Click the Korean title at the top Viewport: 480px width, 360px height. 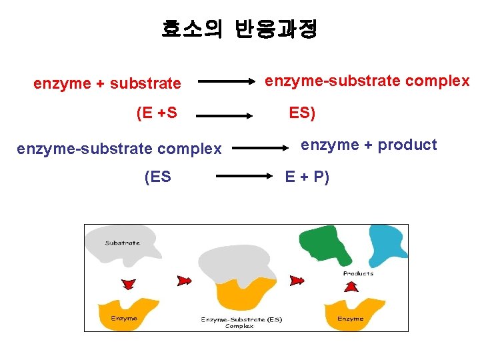pyautogui.click(x=239, y=29)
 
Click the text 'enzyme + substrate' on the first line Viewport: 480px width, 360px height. pyautogui.click(x=107, y=83)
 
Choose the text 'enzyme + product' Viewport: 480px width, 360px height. pyautogui.click(x=369, y=145)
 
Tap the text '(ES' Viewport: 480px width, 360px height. pyautogui.click(x=157, y=177)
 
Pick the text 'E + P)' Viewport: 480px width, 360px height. pyautogui.click(x=307, y=177)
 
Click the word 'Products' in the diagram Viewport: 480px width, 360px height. pyautogui.click(x=358, y=273)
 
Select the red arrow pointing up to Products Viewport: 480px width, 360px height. pyautogui.click(x=351, y=287)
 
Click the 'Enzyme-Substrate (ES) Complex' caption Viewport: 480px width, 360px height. pyautogui.click(x=241, y=323)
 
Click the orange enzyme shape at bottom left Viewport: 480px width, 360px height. pyautogui.click(x=127, y=313)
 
